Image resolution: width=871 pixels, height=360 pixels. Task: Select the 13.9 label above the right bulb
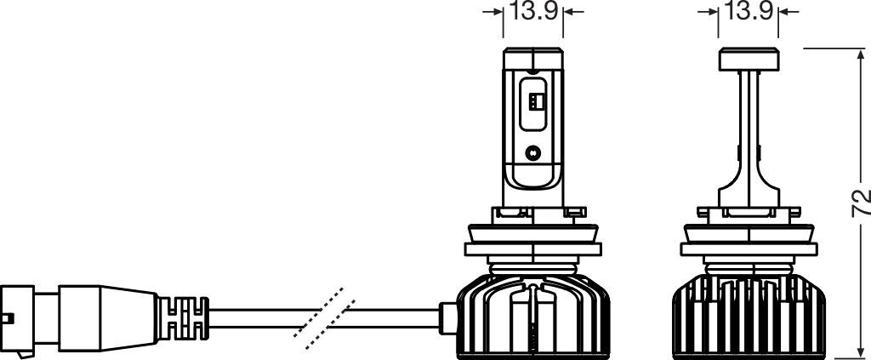748,12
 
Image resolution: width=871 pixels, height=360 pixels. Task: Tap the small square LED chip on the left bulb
534,101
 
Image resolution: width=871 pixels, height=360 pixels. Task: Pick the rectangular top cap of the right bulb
749,59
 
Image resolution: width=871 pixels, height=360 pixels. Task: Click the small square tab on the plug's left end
8,321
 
